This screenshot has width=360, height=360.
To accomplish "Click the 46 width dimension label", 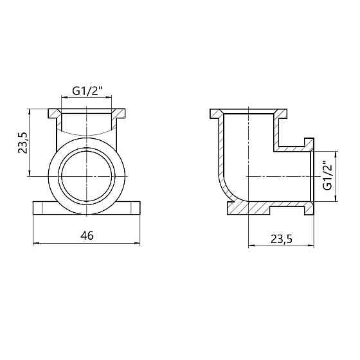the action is click(87, 235).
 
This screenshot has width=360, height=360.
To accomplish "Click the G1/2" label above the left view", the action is click(87, 91).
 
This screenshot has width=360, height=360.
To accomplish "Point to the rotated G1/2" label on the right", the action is click(327, 175).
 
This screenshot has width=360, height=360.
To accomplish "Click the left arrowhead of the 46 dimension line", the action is click(35, 243).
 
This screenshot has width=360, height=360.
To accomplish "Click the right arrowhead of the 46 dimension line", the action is click(138, 243).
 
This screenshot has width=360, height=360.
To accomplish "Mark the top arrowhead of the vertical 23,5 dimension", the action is click(30, 111).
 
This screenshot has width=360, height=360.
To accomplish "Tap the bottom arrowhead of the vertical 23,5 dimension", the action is click(30, 174).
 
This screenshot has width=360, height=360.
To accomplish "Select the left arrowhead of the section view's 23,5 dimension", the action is click(251, 246).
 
